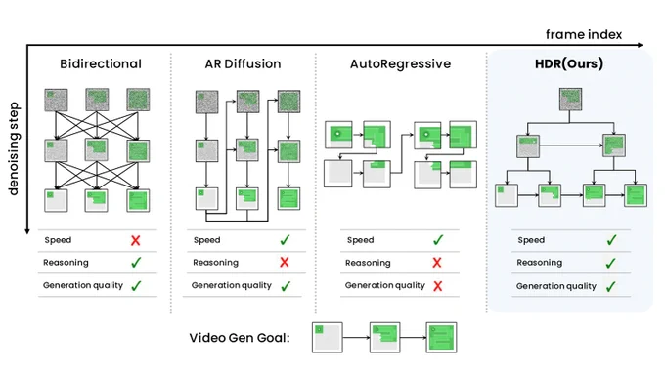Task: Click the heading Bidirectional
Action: (x=101, y=63)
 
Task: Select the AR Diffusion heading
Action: (x=243, y=63)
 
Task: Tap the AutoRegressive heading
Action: (x=400, y=63)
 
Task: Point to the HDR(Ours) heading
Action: (x=569, y=63)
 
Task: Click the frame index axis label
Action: (x=584, y=34)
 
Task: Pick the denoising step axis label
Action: (x=14, y=148)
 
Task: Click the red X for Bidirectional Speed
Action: (x=136, y=240)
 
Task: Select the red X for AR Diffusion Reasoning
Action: (x=285, y=262)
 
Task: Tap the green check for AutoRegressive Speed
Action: (x=438, y=240)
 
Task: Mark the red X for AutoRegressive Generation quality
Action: (x=438, y=286)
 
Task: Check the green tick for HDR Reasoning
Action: (x=610, y=263)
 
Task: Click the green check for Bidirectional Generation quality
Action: (x=136, y=286)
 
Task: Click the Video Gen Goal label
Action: (x=240, y=338)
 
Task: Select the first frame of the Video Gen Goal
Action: (x=328, y=338)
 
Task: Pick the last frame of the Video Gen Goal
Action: (x=441, y=338)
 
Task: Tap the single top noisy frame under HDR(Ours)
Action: (x=570, y=100)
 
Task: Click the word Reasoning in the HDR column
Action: (x=540, y=263)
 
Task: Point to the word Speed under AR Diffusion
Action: (x=207, y=240)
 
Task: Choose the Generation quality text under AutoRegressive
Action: (x=385, y=285)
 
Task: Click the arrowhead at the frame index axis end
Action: (x=641, y=45)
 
